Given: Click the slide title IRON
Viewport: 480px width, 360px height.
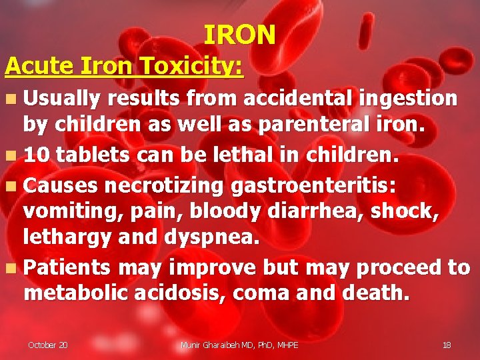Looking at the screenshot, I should pos(239,35).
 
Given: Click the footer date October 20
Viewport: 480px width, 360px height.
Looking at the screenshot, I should pos(47,345).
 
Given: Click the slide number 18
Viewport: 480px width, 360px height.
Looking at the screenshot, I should pos(447,345).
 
